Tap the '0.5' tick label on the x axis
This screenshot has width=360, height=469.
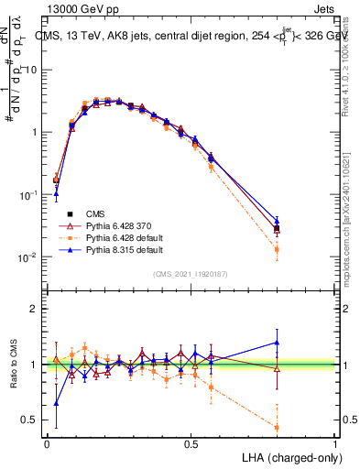191,442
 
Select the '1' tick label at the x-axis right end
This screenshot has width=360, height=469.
335,442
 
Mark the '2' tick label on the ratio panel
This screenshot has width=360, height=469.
34,309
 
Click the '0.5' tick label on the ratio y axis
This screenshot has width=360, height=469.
29,420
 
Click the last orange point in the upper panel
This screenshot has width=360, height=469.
278,249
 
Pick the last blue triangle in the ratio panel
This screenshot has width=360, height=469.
278,343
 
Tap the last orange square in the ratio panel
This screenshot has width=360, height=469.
278,427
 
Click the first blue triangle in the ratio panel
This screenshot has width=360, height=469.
56,403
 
